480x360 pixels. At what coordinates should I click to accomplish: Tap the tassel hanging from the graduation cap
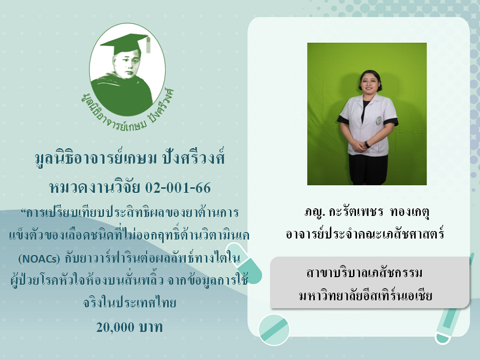click(149, 45)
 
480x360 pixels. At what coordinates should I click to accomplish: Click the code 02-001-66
click(178, 188)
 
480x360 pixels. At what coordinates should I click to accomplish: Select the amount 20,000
click(115, 327)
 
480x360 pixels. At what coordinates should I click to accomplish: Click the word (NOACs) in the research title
click(39, 259)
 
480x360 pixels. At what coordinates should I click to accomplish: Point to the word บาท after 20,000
click(151, 327)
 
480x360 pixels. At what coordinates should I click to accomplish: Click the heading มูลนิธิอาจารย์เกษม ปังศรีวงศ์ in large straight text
click(130, 158)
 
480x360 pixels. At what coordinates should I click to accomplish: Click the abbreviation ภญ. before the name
click(315, 212)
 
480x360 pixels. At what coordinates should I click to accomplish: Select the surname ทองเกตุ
click(410, 212)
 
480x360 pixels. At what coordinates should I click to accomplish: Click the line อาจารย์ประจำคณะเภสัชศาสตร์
click(365, 234)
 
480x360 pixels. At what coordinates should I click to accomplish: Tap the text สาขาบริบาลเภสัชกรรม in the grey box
click(365, 273)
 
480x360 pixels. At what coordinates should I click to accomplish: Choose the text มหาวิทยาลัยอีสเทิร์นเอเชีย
click(366, 296)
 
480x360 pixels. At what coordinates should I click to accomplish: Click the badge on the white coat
click(379, 120)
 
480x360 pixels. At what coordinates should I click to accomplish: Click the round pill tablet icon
click(274, 330)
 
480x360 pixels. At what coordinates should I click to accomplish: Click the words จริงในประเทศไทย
click(130, 303)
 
